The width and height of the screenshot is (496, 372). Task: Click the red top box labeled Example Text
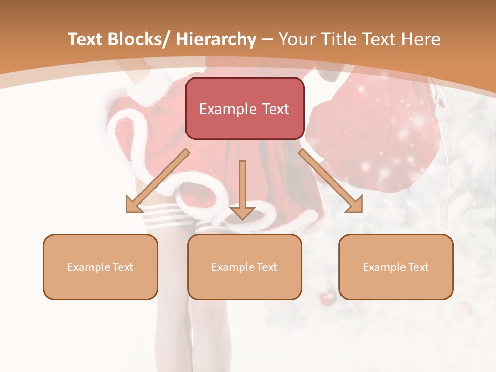(244, 109)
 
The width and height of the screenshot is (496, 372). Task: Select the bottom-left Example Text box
(100, 267)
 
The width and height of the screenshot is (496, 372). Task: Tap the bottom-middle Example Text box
(244, 267)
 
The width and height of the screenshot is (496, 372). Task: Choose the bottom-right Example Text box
(396, 267)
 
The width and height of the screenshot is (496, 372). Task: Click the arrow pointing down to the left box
(155, 182)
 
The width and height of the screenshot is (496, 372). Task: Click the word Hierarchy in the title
(216, 39)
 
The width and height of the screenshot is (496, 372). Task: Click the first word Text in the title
(84, 39)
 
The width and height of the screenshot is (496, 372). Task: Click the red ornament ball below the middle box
(328, 298)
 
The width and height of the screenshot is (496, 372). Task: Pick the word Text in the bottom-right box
(418, 267)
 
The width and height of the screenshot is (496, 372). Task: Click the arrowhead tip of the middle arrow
(242, 219)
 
